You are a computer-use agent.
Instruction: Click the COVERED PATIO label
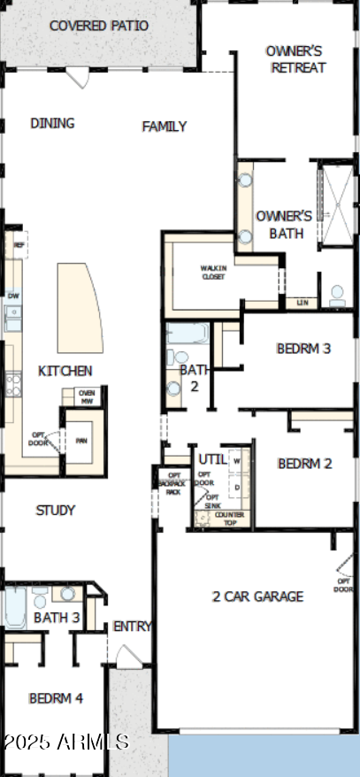98,26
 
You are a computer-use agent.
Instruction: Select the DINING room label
52,123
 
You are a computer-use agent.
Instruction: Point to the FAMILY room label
165,127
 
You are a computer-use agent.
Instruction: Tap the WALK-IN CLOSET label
212,272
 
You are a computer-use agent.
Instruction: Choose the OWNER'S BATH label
284,225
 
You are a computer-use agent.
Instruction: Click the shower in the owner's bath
334,204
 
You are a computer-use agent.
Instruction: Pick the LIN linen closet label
303,303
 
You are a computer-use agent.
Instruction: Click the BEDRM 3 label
303,349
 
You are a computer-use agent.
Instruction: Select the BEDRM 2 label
304,464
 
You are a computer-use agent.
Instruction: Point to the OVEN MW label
87,396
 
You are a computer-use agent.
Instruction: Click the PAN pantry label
81,440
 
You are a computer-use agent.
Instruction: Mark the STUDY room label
55,511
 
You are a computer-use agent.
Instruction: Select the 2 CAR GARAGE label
257,596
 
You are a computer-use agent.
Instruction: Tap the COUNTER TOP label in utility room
230,518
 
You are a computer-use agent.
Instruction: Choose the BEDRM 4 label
56,698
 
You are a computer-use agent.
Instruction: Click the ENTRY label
133,627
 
